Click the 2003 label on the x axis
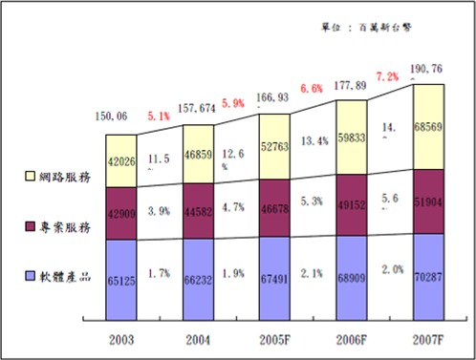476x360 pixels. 121,337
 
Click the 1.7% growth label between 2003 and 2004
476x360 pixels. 158,273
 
